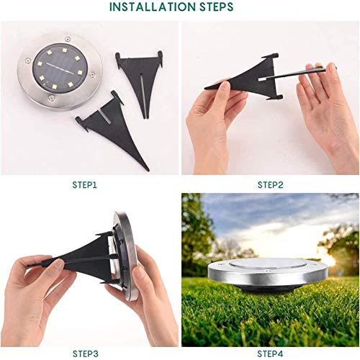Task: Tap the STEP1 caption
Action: click(x=86, y=185)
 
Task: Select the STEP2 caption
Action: click(x=270, y=185)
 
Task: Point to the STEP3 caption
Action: click(x=86, y=353)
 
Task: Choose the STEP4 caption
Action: click(x=270, y=353)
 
